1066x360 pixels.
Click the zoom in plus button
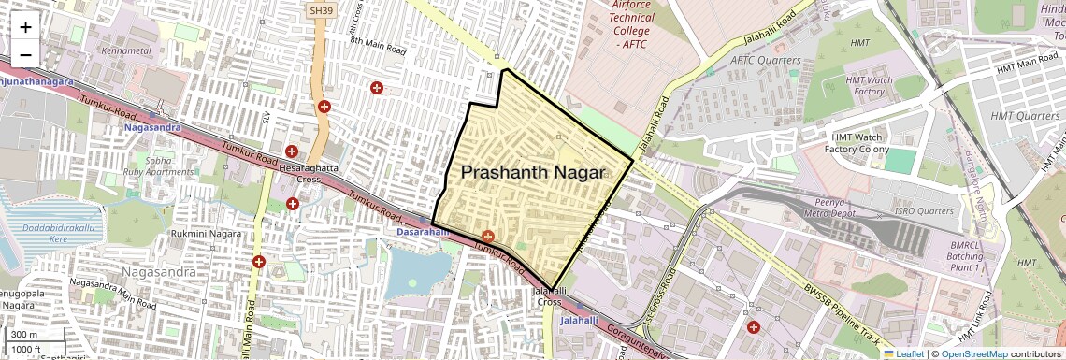25,27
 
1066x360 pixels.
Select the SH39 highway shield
321,9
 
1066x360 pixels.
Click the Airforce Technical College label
631,24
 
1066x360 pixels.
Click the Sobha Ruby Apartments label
172,166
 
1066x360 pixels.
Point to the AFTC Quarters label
765,60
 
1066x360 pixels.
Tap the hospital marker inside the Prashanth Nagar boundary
487,236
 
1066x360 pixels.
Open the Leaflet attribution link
903,353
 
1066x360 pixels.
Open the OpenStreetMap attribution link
973,353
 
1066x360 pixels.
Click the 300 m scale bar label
24,335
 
